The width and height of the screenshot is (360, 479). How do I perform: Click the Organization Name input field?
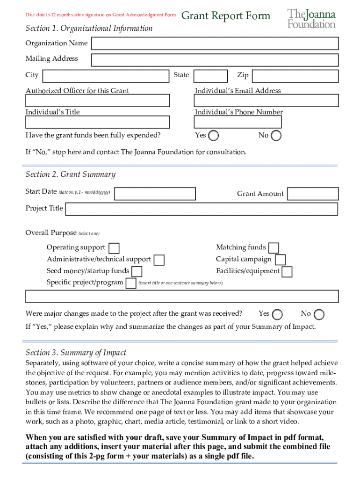point(215,44)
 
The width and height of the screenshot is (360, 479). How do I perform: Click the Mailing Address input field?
point(215,60)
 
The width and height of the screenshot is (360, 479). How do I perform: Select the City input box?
point(106,76)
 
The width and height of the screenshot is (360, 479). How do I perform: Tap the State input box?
point(210,76)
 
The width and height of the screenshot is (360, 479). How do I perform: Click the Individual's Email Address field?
point(266,101)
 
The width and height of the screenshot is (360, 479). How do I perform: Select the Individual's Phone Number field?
point(238,122)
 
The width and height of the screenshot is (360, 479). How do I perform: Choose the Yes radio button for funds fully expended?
point(213,136)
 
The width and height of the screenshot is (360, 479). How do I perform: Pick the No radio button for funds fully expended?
point(276,136)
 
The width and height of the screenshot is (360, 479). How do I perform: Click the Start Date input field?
point(155,194)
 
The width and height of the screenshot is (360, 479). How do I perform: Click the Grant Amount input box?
point(312,194)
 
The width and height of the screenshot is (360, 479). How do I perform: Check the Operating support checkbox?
point(114,248)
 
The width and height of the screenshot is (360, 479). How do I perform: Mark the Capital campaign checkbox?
point(280,260)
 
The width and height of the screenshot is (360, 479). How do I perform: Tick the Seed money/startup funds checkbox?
point(137,271)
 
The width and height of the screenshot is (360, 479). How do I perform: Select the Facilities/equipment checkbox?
point(287,271)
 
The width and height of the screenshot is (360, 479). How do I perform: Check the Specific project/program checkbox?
point(131,283)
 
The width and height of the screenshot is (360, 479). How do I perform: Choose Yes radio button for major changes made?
point(277,314)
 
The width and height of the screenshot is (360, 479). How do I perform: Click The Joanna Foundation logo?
point(311,18)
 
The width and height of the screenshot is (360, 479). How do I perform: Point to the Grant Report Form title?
point(225,16)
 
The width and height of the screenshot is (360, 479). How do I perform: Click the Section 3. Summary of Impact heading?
point(76,353)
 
